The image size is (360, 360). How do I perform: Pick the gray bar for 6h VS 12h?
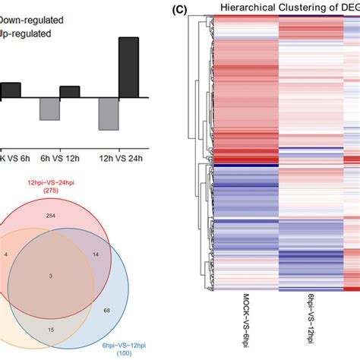tap(50, 109)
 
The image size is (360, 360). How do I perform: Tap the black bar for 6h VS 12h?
tap(70, 92)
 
